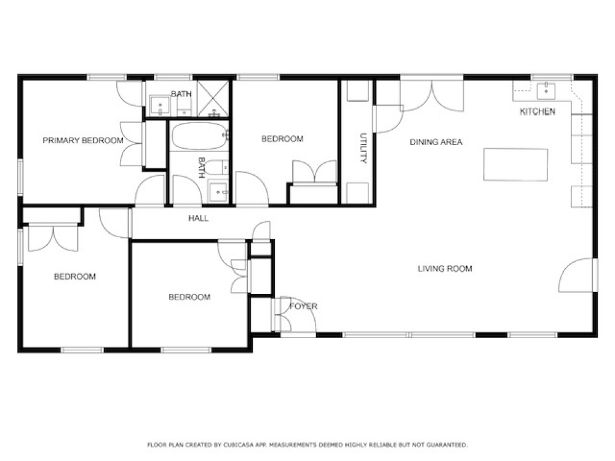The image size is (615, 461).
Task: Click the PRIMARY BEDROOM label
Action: (82, 141)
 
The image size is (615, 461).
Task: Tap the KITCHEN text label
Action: (538, 112)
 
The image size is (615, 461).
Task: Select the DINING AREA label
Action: (436, 142)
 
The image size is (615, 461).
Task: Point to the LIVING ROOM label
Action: (445, 269)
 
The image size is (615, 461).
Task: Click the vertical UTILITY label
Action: (363, 148)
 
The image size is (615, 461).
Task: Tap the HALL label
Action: (198, 218)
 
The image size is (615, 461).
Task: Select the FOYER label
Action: (304, 306)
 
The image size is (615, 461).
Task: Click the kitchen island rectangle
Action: (515, 164)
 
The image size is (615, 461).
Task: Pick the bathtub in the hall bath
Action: (199, 136)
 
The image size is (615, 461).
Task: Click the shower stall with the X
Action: (214, 98)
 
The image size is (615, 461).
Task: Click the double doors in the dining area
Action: (432, 95)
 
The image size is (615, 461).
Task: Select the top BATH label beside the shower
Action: (181, 94)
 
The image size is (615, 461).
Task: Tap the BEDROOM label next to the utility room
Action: (282, 139)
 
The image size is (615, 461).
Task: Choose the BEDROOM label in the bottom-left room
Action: (75, 277)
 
